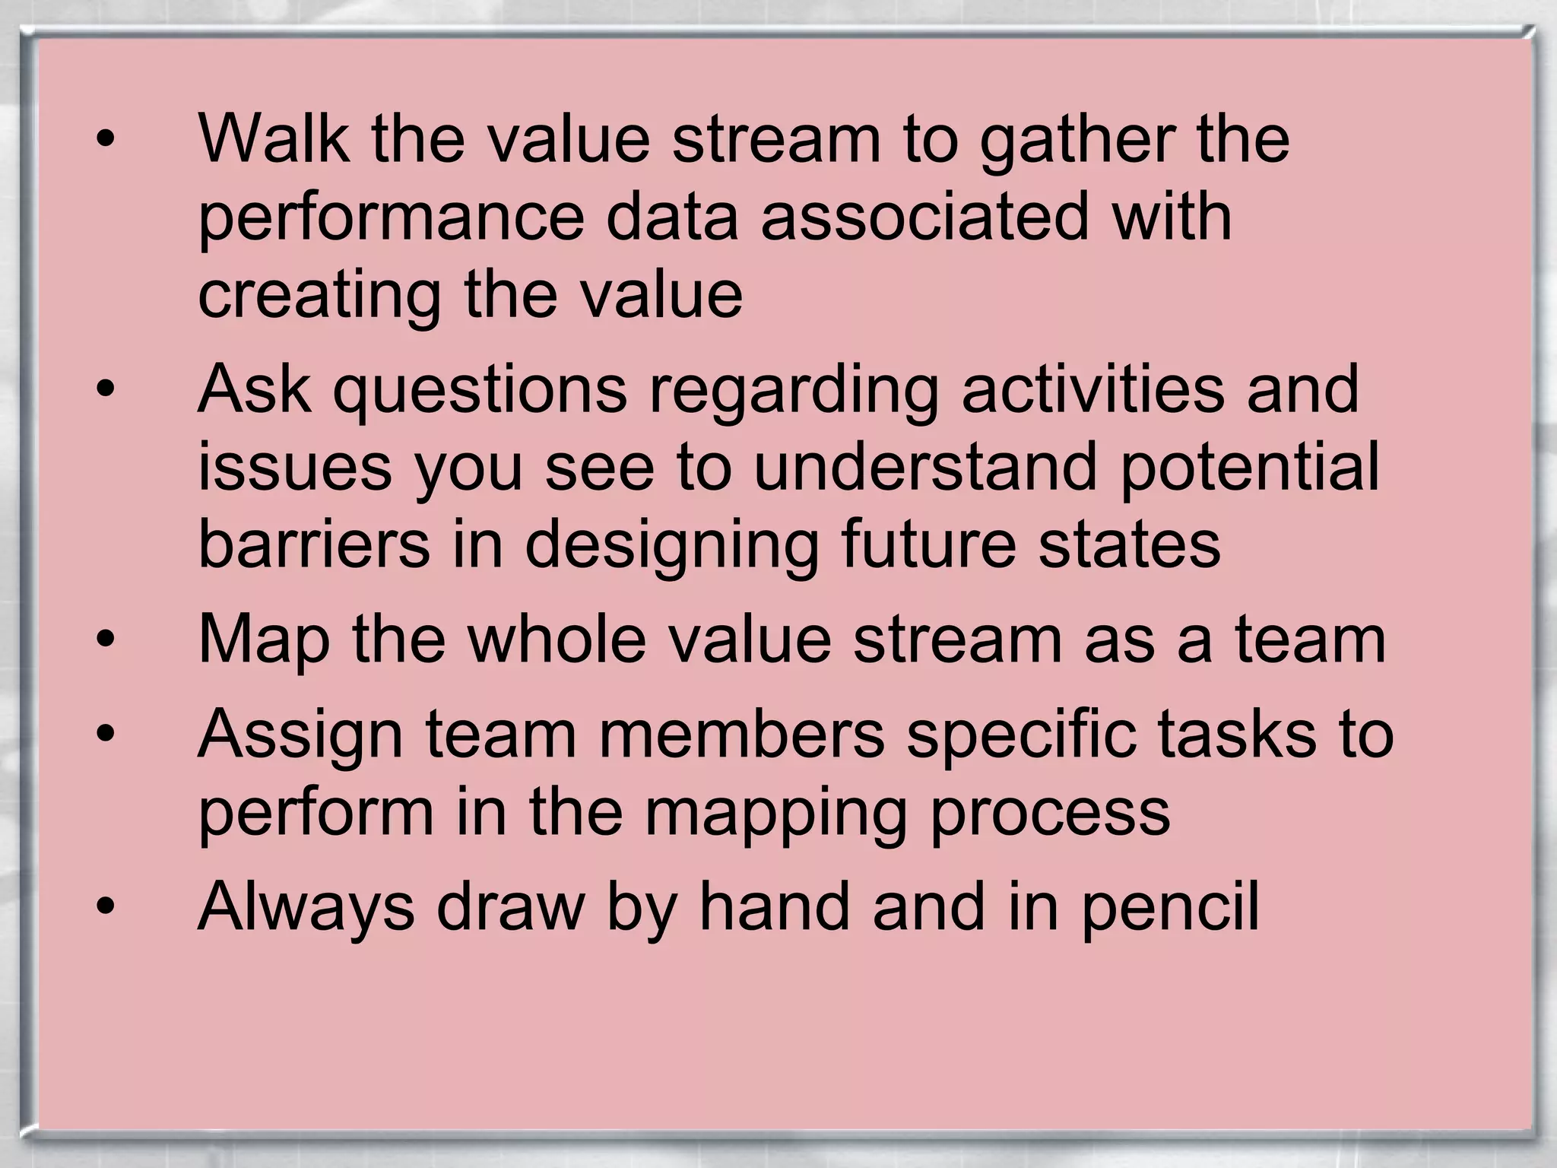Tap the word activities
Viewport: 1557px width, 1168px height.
[x=1092, y=389]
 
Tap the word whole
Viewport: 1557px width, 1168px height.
[x=557, y=640]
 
